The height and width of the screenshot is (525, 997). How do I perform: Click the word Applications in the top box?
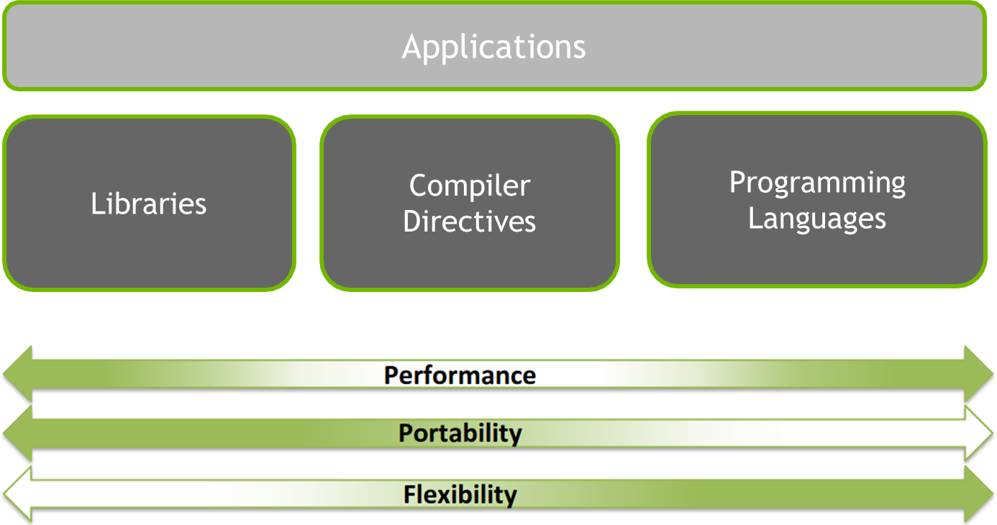[x=493, y=47]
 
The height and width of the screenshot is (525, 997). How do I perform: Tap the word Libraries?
[x=149, y=204]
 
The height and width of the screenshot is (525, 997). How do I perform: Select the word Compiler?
[x=470, y=186]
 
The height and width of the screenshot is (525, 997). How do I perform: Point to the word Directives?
[x=470, y=222]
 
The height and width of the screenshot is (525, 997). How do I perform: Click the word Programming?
[x=817, y=183]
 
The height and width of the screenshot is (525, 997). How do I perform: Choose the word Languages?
[x=817, y=218]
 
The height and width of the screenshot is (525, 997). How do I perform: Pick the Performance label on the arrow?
[x=460, y=375]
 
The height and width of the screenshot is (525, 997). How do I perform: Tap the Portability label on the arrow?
[x=460, y=433]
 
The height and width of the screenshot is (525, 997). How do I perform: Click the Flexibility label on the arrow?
[x=460, y=495]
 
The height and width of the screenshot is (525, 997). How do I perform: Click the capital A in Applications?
[x=412, y=47]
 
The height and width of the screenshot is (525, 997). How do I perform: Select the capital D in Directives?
[x=413, y=222]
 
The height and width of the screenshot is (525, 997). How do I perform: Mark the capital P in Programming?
[x=738, y=183]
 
